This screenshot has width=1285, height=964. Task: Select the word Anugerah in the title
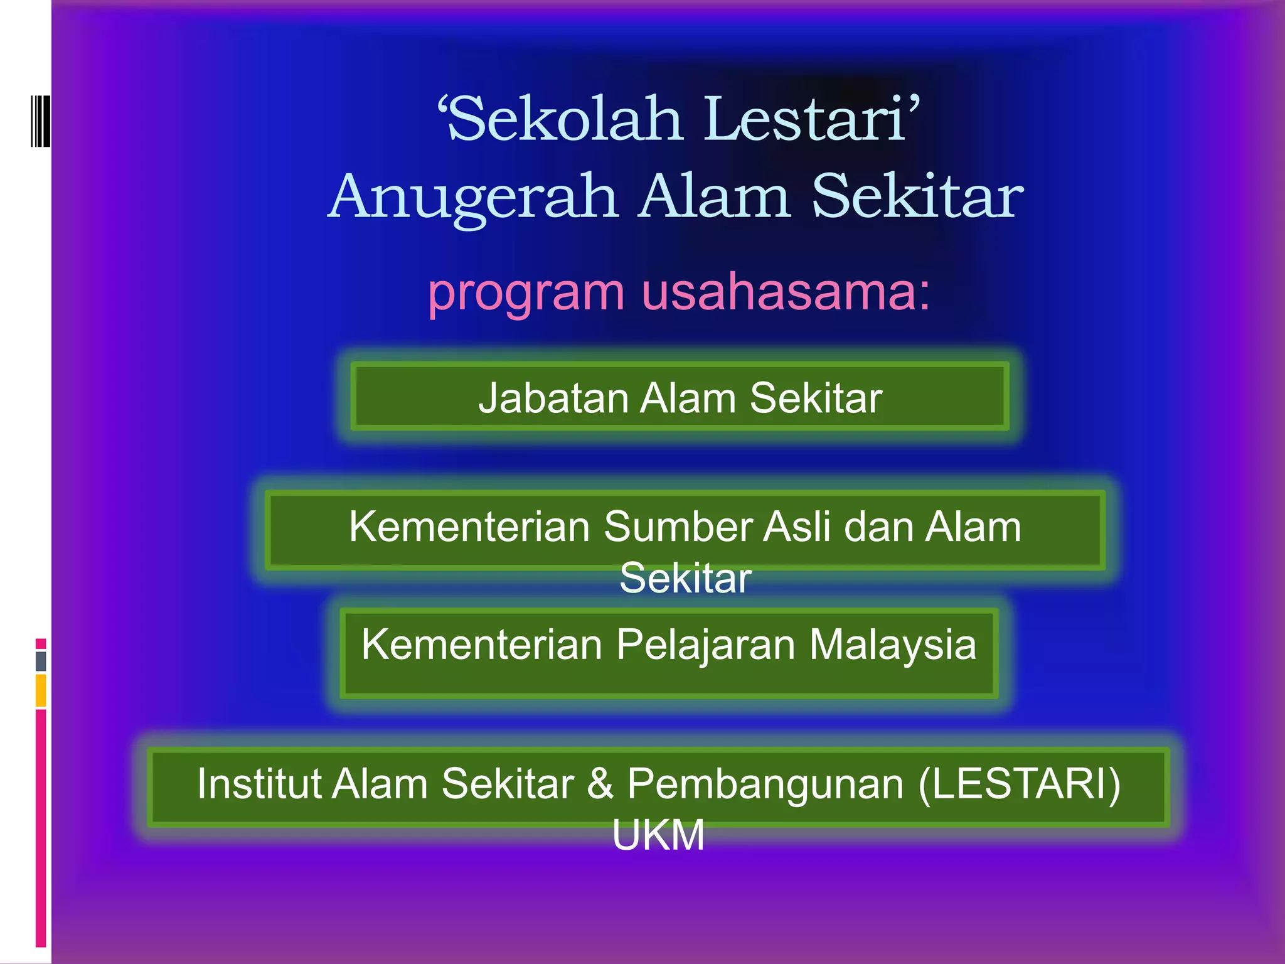tap(473, 198)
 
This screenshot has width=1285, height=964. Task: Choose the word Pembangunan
tap(765, 785)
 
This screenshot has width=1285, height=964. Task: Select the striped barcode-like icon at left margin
tap(40, 120)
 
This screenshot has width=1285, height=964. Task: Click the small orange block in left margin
tap(41, 690)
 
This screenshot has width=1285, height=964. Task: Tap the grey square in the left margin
tap(41, 661)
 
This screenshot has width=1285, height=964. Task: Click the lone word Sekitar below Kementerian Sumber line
tap(685, 578)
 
